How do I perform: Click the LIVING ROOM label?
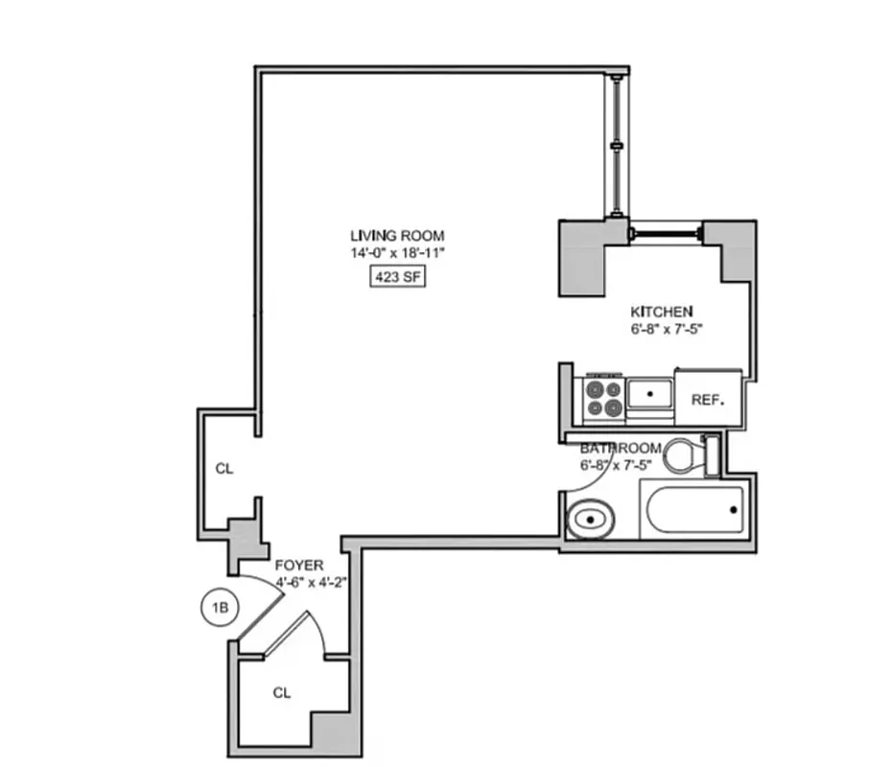click(397, 236)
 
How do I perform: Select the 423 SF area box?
click(397, 278)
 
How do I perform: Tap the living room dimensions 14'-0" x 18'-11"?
click(397, 254)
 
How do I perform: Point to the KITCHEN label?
click(661, 312)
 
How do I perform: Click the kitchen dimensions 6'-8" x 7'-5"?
click(662, 329)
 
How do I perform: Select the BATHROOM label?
click(621, 449)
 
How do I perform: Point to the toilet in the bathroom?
click(687, 454)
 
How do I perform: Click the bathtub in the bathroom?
click(694, 511)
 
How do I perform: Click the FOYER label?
click(299, 566)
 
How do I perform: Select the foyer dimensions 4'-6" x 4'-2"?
click(299, 581)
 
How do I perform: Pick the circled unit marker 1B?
click(220, 608)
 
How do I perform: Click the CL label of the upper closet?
click(223, 469)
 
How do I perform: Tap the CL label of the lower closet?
click(281, 692)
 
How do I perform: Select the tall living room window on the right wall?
click(615, 144)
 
